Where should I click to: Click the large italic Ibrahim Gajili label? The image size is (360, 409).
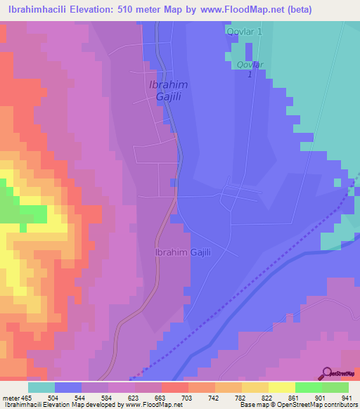pos(167,91)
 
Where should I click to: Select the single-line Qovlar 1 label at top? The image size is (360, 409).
pos(244,32)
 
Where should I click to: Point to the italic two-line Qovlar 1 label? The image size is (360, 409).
pos(250,70)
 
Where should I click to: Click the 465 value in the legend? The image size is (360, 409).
pos(25,397)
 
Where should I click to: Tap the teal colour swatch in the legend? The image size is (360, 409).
pos(41,387)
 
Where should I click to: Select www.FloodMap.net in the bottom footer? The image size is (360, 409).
pos(148,405)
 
